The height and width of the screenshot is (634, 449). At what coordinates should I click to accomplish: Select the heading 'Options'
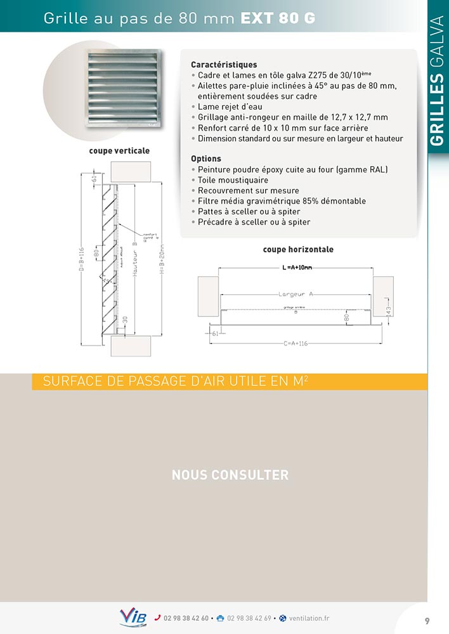click(x=206, y=158)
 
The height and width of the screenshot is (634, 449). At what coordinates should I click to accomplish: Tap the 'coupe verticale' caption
click(x=120, y=151)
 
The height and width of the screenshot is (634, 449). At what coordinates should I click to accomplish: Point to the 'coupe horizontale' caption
click(x=298, y=249)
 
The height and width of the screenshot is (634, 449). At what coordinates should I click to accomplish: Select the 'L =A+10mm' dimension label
click(x=297, y=268)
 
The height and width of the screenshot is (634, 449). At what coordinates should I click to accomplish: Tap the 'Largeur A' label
click(x=297, y=294)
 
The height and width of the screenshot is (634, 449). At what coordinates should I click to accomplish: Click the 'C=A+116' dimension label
click(x=296, y=343)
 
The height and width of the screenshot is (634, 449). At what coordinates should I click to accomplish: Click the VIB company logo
click(x=133, y=617)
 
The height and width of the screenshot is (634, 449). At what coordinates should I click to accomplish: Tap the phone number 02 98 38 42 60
click(x=186, y=618)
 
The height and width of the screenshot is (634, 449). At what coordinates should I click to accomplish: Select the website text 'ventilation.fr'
click(x=309, y=618)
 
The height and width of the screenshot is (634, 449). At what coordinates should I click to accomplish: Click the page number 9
click(x=427, y=621)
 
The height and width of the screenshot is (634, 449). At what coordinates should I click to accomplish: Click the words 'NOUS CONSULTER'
click(x=230, y=475)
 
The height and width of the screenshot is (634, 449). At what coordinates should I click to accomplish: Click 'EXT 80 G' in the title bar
click(x=277, y=19)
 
